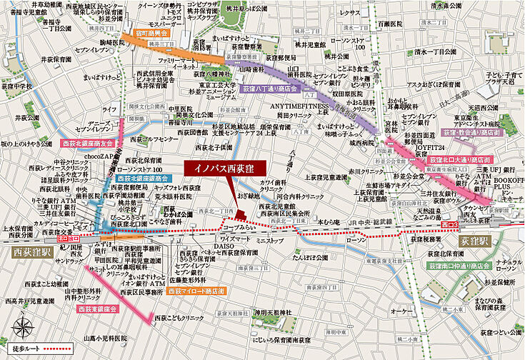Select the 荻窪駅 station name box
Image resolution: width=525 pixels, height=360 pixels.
point(475,241)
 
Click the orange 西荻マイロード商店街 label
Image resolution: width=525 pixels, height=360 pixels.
point(196,291)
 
